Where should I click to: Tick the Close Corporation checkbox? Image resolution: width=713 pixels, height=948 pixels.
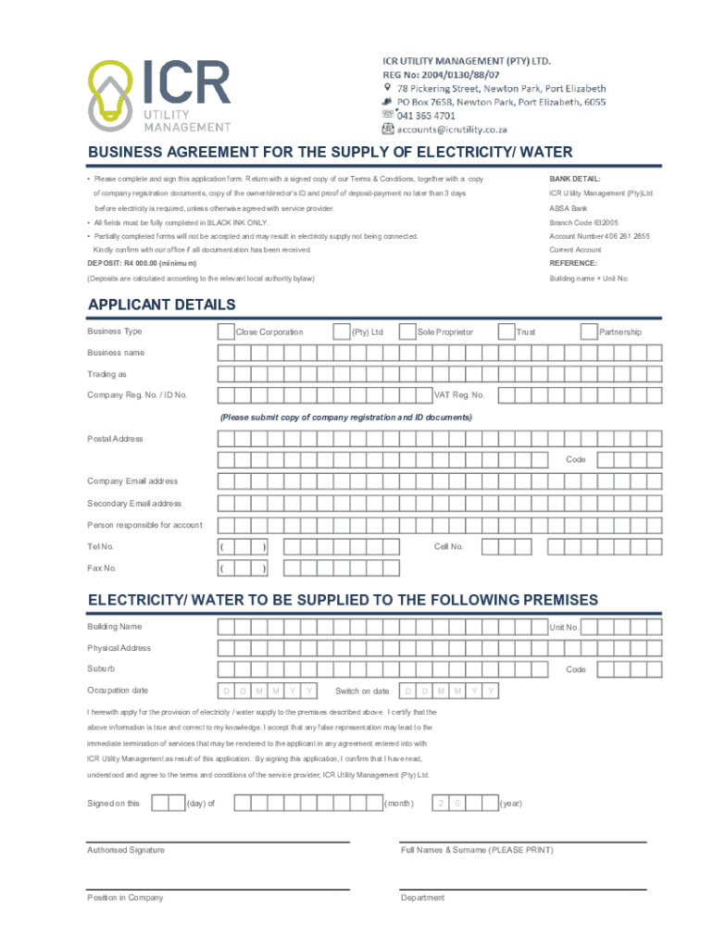pyautogui.click(x=225, y=331)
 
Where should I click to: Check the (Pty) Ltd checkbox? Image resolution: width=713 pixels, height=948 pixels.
pyautogui.click(x=341, y=331)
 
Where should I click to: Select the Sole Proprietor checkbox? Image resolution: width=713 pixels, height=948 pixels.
pyautogui.click(x=407, y=331)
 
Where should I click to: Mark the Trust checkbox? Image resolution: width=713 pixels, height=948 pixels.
pyautogui.click(x=507, y=331)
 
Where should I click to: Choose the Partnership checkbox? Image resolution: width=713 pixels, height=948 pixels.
pyautogui.click(x=589, y=331)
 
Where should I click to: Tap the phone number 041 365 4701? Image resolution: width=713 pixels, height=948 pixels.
pyautogui.click(x=426, y=116)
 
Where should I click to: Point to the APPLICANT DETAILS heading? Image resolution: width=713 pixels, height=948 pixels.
pyautogui.click(x=161, y=305)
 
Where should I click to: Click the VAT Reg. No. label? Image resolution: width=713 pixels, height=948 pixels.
pyautogui.click(x=459, y=395)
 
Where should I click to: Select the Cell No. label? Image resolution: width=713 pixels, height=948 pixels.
pyautogui.click(x=448, y=546)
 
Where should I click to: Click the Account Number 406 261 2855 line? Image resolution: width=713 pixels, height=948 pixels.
pyautogui.click(x=599, y=236)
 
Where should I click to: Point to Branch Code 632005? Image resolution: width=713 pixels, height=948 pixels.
pyautogui.click(x=583, y=222)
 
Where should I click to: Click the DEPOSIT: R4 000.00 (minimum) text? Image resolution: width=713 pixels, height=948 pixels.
pyautogui.click(x=142, y=263)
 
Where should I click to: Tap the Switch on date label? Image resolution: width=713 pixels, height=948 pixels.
pyautogui.click(x=362, y=692)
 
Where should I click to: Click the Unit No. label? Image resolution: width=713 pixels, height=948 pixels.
pyautogui.click(x=564, y=628)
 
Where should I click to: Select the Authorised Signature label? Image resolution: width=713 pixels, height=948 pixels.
pyautogui.click(x=126, y=850)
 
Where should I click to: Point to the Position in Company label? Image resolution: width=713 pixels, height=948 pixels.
pyautogui.click(x=125, y=898)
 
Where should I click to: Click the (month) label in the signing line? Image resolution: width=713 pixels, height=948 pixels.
pyautogui.click(x=399, y=804)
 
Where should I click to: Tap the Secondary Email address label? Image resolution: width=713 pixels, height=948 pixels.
pyautogui.click(x=134, y=504)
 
